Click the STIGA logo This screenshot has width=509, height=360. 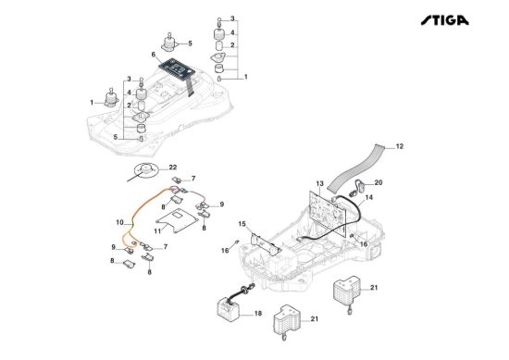[445, 20]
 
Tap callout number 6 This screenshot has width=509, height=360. [154, 55]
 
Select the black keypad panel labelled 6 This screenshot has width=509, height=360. [177, 68]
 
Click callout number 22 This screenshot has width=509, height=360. [173, 168]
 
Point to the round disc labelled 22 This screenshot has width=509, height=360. [145, 169]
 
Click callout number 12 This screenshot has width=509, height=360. [400, 146]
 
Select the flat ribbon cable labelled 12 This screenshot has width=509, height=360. [355, 168]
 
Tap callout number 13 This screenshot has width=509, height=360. [320, 184]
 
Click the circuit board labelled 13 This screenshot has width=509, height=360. [328, 212]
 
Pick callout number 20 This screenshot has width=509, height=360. [379, 182]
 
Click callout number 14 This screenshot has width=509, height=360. [369, 197]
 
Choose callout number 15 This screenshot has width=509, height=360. [242, 224]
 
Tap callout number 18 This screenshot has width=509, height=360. [258, 314]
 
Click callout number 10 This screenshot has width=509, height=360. [119, 223]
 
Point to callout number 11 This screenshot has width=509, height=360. [157, 231]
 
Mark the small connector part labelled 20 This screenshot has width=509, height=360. [357, 188]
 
